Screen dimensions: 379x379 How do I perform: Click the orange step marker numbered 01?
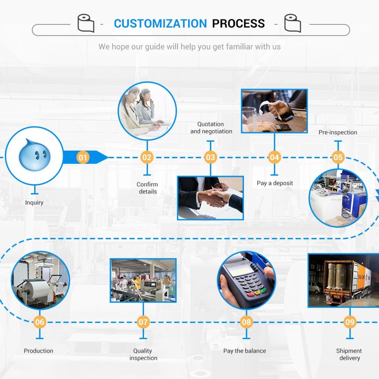(x=83, y=158)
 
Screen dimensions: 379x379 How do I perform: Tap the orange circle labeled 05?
(x=338, y=158)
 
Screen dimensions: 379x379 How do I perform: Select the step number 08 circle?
(x=246, y=322)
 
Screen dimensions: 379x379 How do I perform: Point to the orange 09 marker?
(x=350, y=322)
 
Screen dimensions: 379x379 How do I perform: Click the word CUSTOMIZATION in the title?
(x=160, y=23)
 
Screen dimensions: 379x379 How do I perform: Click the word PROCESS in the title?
(x=238, y=23)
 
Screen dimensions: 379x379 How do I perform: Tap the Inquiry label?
(x=34, y=203)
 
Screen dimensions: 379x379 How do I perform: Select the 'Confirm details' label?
(x=147, y=188)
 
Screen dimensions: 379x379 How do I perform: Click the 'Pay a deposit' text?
(x=275, y=183)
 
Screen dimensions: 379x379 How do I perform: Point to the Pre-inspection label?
(x=338, y=132)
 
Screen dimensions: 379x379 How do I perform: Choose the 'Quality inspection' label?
(x=143, y=355)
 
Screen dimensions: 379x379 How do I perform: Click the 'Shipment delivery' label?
(x=349, y=355)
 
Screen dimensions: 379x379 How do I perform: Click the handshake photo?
(x=210, y=197)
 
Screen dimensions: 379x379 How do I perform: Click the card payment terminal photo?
(x=246, y=281)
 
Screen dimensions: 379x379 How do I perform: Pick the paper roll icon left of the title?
(x=86, y=23)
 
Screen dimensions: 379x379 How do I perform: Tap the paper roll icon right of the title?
(x=293, y=23)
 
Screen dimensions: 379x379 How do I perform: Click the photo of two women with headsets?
(x=147, y=111)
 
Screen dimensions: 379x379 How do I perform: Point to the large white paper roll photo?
(x=40, y=280)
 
